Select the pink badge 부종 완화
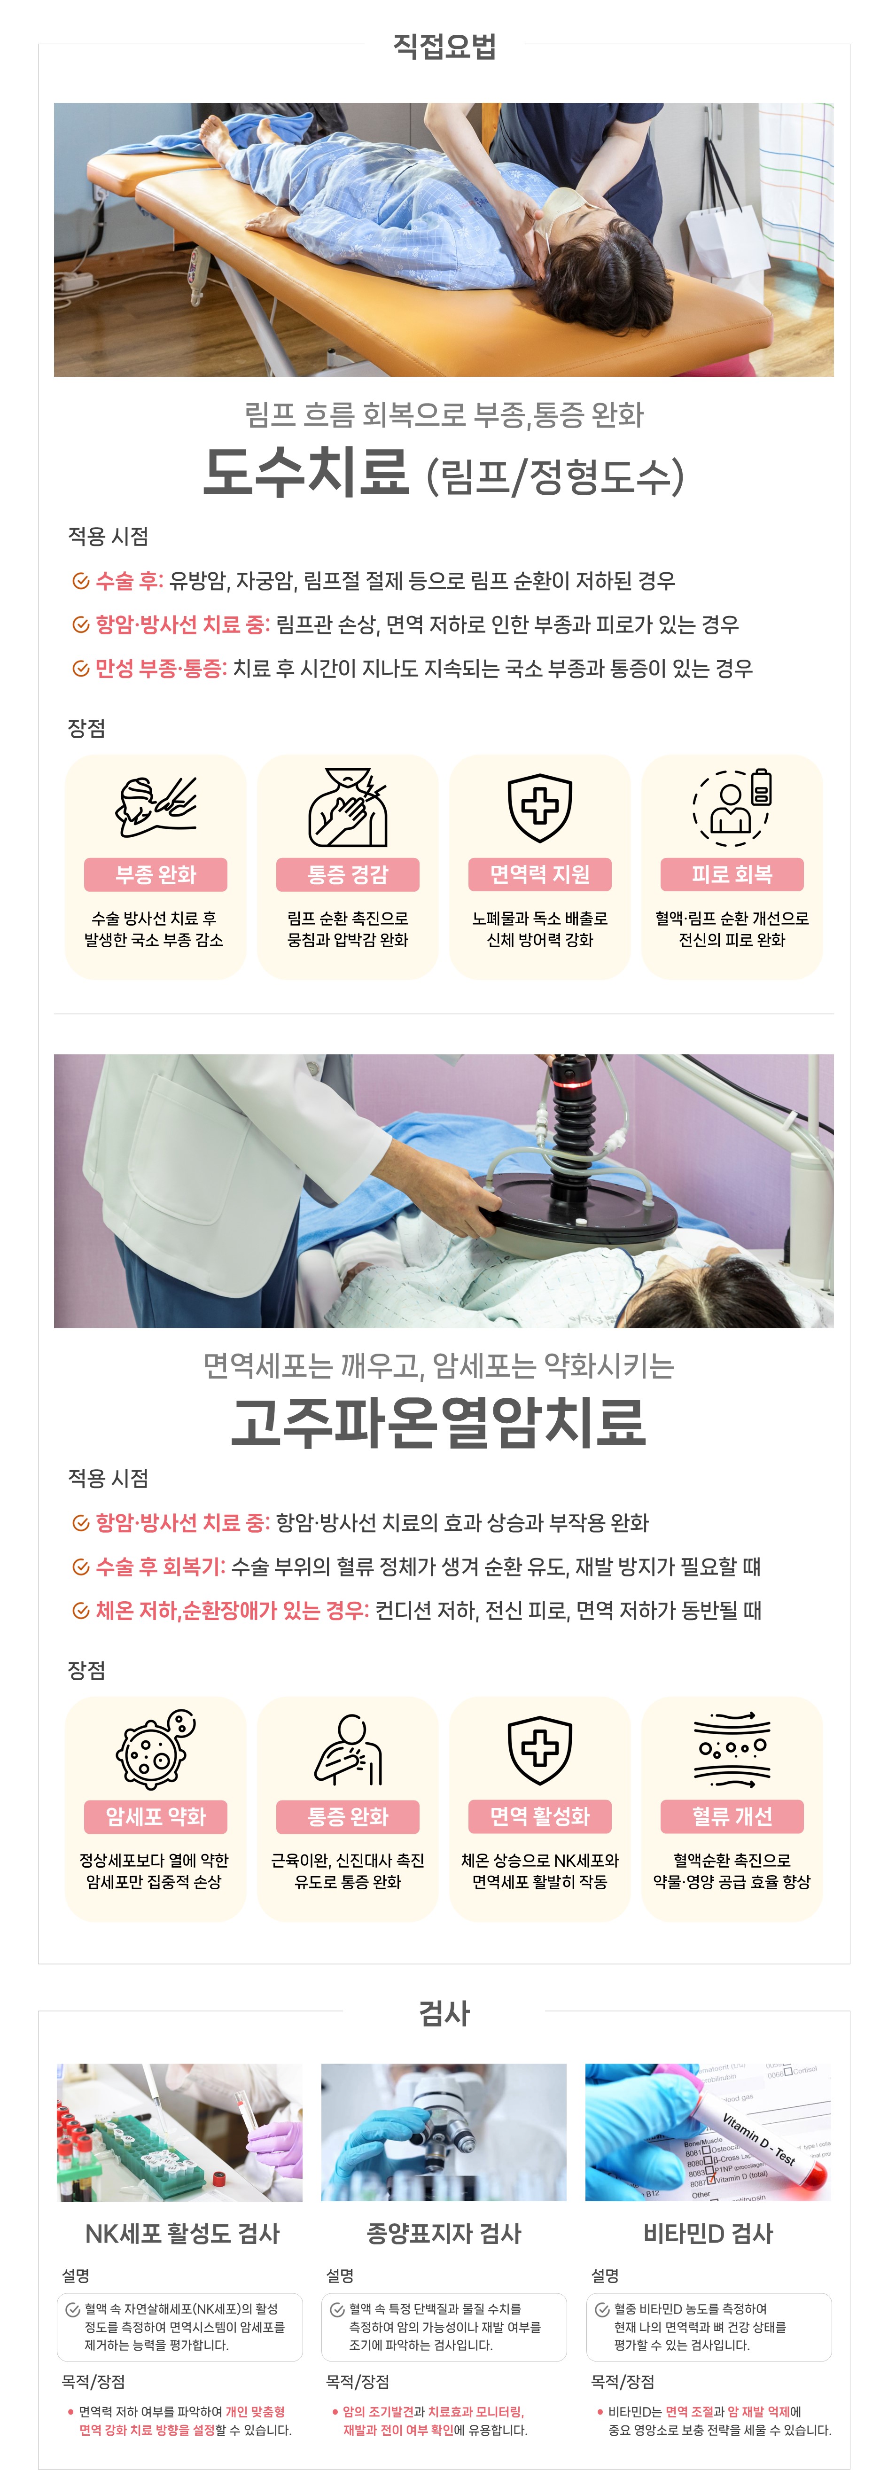156,874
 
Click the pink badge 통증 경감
348,874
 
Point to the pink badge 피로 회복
732,874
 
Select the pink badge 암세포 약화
156,1816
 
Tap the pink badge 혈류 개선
732,1816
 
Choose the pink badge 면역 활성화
539,1816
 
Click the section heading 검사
444,2013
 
